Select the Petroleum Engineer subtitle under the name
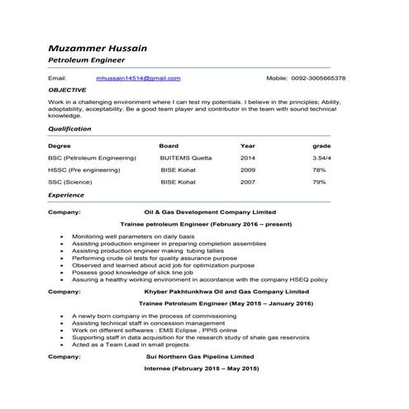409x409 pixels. click(x=87, y=60)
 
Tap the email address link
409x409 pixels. click(x=138, y=78)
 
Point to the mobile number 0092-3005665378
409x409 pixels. click(x=317, y=78)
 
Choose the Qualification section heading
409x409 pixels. click(x=69, y=129)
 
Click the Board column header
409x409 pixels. click(x=169, y=145)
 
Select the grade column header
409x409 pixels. click(x=321, y=145)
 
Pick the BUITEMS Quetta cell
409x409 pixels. click(x=186, y=157)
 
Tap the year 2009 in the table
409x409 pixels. click(x=248, y=169)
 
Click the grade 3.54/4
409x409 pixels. click(x=321, y=157)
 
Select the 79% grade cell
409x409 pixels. click(x=319, y=181)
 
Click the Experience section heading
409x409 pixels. click(x=66, y=195)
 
